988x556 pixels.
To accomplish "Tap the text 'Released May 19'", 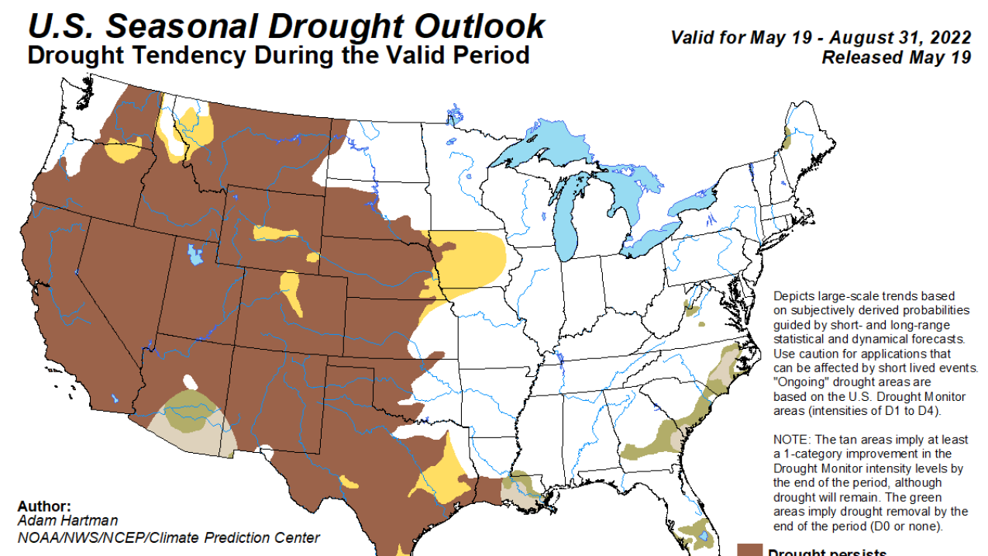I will (x=896, y=57).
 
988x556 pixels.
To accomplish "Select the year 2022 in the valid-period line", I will (x=949, y=38).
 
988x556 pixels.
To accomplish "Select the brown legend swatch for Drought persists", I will (x=749, y=549).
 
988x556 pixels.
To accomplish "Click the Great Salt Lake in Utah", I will (x=194, y=254).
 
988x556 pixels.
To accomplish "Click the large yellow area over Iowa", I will (x=469, y=256).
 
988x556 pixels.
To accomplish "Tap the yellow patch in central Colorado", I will (x=291, y=292).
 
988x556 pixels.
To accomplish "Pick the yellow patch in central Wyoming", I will (x=275, y=233).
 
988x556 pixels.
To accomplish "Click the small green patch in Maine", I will (x=787, y=140).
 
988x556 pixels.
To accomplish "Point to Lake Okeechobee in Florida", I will (x=702, y=535).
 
